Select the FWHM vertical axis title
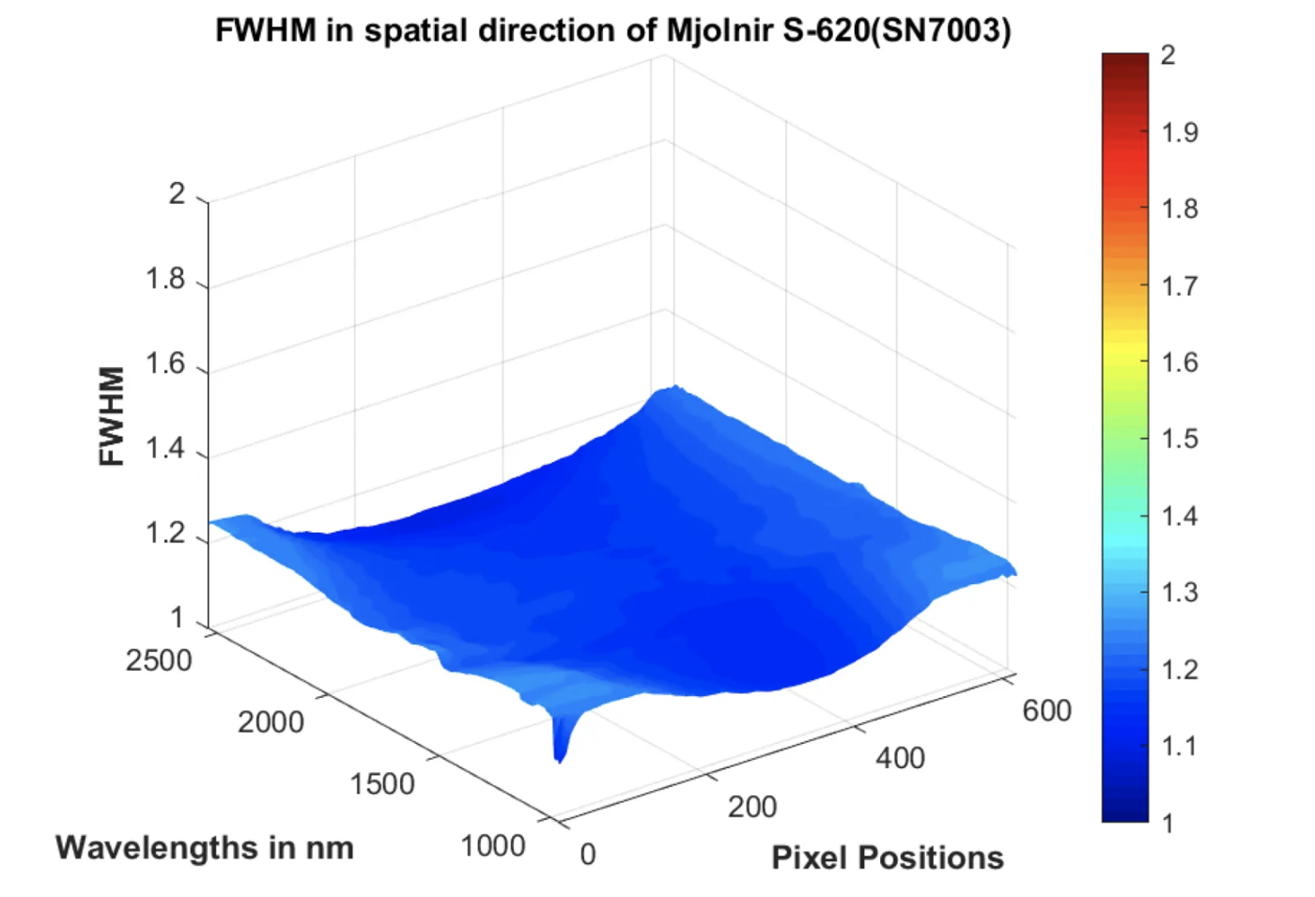112,416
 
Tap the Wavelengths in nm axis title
205,847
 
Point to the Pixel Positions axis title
888,858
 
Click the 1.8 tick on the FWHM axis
165,279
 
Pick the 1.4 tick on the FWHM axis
165,448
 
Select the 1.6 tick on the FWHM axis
165,363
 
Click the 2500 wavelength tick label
159,660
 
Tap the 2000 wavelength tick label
271,722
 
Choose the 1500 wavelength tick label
382,784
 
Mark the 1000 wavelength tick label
493,846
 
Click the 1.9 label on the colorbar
1180,132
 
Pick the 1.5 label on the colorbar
1180,439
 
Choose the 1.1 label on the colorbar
1180,746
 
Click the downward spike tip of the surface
560,759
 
